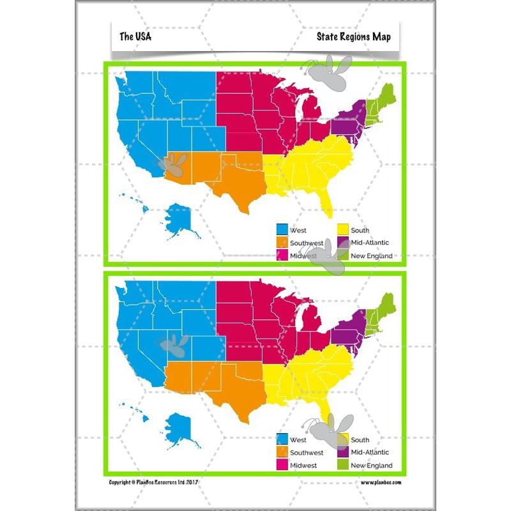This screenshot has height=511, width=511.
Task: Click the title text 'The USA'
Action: (x=135, y=36)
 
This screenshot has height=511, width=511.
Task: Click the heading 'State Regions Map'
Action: (x=353, y=36)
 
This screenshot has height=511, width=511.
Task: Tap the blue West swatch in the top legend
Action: (x=281, y=230)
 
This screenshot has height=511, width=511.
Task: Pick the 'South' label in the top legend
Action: (x=360, y=230)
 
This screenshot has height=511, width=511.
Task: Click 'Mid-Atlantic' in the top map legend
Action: (x=370, y=243)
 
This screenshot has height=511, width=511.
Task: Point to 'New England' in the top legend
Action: (x=372, y=256)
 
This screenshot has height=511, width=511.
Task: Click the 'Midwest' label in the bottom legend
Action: (x=303, y=466)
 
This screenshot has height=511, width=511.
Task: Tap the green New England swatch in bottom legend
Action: (x=342, y=465)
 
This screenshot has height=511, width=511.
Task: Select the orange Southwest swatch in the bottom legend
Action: (x=281, y=452)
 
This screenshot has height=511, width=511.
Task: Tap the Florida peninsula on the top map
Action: (x=326, y=202)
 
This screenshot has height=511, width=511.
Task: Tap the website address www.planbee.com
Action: (x=381, y=482)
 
